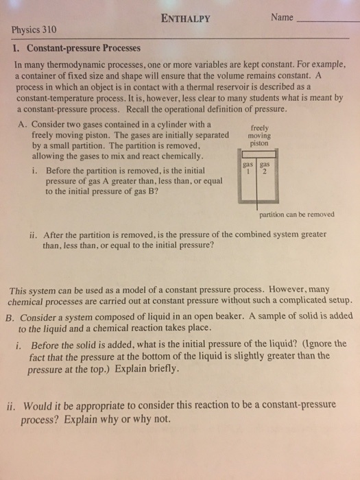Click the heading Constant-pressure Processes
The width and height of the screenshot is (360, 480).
point(82,49)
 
